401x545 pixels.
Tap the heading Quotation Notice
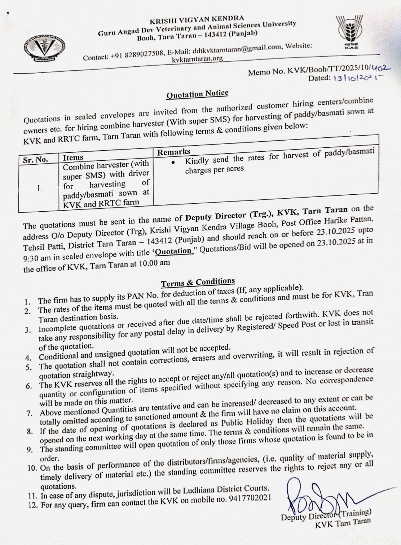click(197, 94)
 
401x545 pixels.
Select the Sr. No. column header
click(35, 160)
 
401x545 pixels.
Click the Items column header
click(73, 158)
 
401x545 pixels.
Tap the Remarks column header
click(173, 152)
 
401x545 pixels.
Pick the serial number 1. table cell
click(40, 188)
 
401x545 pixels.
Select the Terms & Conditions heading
click(198, 282)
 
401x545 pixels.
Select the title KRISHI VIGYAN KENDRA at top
click(197, 18)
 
